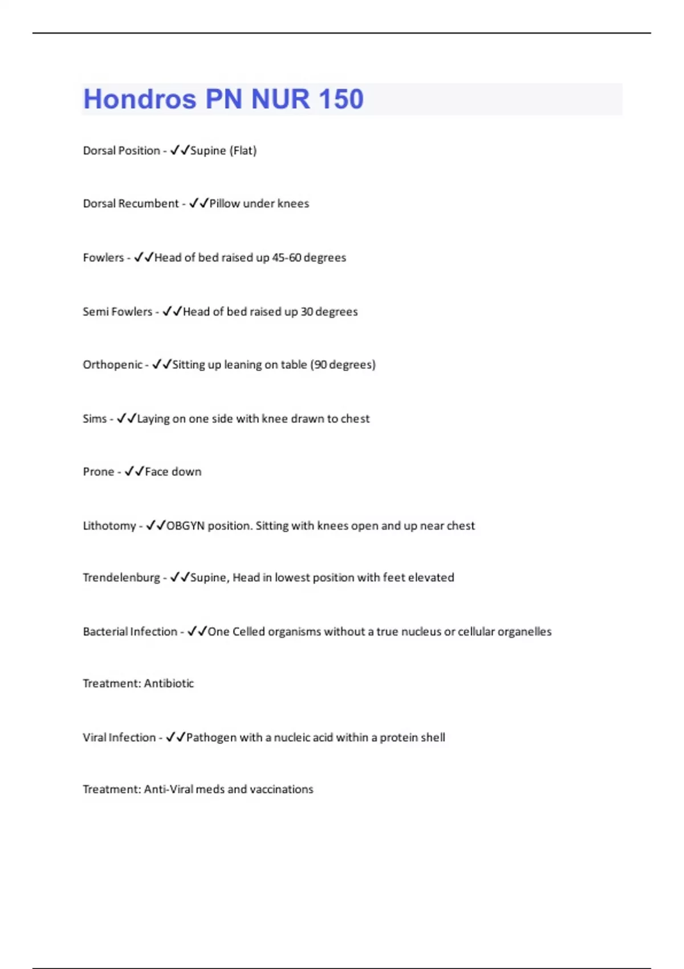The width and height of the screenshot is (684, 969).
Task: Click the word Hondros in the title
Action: click(140, 99)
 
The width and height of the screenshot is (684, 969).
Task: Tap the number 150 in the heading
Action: click(341, 99)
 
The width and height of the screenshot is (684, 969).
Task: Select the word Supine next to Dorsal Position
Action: click(208, 150)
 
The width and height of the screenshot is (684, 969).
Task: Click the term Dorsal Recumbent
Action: click(131, 203)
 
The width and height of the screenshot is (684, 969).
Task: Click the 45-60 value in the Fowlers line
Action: click(286, 258)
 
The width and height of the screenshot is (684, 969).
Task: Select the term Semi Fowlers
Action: click(117, 312)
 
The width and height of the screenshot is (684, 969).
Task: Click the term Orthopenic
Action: click(112, 365)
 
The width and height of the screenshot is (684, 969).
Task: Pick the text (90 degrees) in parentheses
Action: click(343, 365)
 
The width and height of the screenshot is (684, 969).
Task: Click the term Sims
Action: click(95, 419)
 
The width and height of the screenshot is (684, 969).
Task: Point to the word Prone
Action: click(99, 472)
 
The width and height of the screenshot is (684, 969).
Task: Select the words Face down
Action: click(173, 472)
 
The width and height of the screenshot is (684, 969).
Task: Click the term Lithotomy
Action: click(109, 526)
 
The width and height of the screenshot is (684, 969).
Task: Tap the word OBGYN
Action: click(185, 526)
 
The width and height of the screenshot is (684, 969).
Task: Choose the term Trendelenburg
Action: click(121, 577)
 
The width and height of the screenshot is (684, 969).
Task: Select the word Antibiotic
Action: click(169, 683)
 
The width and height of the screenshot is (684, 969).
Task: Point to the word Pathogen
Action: click(211, 738)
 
